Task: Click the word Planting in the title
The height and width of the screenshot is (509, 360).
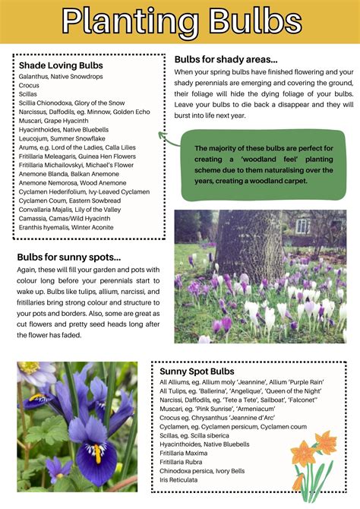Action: click(125, 22)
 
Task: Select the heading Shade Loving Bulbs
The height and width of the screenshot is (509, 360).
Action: click(61, 65)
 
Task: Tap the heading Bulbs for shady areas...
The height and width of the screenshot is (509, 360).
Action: click(226, 59)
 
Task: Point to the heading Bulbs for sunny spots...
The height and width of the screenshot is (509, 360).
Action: click(69, 257)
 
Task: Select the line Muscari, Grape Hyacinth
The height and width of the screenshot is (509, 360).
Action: click(54, 120)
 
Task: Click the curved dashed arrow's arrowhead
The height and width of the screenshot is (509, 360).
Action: click(161, 134)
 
